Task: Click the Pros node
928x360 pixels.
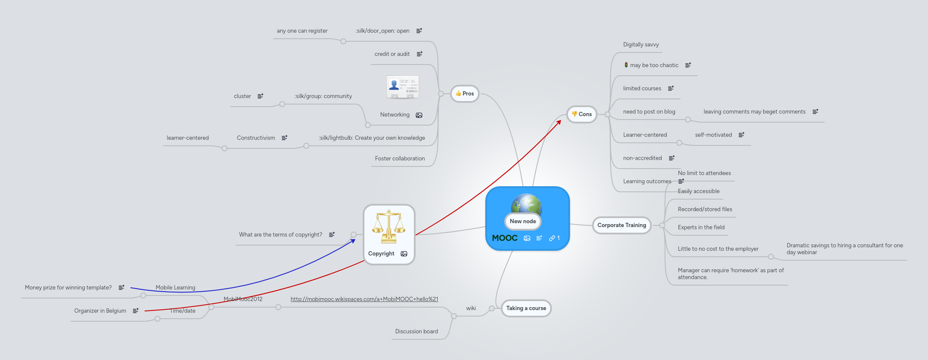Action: point(465,94)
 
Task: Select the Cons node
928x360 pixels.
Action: point(582,114)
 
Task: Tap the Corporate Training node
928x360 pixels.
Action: point(621,225)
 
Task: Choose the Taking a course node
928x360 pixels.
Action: point(526,308)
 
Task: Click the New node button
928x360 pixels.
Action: point(523,222)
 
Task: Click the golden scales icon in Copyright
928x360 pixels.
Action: point(388,227)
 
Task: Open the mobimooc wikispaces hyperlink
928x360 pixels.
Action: point(364,299)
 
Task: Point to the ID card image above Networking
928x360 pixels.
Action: point(402,87)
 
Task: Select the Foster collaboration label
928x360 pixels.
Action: point(400,159)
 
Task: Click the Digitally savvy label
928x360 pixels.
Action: point(641,45)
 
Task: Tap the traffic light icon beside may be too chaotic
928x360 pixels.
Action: point(626,65)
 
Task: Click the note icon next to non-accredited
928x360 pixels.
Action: point(672,158)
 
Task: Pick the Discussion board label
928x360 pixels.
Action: point(416,332)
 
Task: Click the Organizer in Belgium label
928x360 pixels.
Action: point(100,311)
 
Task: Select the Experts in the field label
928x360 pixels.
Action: point(701,228)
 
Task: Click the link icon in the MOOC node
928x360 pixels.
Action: point(552,238)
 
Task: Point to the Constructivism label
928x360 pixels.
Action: point(256,138)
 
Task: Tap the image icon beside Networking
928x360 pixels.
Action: point(419,115)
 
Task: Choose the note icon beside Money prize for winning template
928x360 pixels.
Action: point(121,287)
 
